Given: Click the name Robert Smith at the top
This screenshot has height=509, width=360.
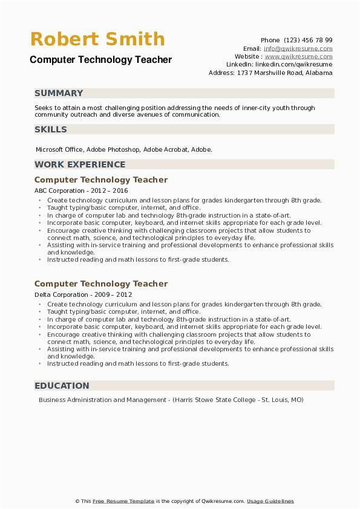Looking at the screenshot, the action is pos(97,39).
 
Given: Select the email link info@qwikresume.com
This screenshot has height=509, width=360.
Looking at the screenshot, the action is pos(298,48).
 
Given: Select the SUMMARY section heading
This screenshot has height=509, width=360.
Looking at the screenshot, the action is pos(59,93).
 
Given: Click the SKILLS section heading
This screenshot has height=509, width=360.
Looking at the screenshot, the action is pos(51,129).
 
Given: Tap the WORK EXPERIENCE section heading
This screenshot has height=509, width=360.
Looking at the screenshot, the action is pos(80,164).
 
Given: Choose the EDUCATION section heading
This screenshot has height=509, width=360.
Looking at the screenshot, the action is pos(62,386).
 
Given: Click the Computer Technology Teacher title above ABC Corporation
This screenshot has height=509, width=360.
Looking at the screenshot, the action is pos(101,180).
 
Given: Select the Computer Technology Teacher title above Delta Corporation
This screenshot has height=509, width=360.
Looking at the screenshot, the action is pos(101,284).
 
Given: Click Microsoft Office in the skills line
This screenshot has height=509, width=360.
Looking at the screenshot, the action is pos(60,149).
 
